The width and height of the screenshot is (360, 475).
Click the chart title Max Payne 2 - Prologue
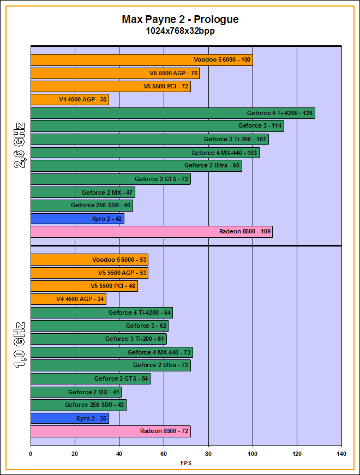[180, 20]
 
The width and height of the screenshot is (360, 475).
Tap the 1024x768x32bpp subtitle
[180, 32]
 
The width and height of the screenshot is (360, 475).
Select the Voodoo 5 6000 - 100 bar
[141, 60]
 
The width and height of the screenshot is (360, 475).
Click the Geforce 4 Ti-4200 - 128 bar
[173, 113]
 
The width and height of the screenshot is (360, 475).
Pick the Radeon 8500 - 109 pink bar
[152, 232]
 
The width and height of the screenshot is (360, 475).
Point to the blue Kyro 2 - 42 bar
[77, 219]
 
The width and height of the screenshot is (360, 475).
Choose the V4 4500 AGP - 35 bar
[70, 100]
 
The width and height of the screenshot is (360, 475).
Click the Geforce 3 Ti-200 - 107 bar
[149, 140]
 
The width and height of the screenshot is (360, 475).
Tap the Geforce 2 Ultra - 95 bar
[136, 166]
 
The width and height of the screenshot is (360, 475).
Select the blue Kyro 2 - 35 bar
[70, 418]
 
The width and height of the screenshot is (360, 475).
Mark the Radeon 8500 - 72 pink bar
[111, 431]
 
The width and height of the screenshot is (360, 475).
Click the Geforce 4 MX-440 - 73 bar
[112, 352]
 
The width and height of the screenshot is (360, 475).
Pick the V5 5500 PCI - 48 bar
[84, 286]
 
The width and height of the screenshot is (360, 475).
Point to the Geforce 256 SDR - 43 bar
[79, 405]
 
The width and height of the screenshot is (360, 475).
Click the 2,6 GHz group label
[20, 146]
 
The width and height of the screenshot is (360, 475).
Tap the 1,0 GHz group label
[20, 346]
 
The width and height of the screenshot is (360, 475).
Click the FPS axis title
[186, 463]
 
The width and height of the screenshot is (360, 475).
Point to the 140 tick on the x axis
[341, 453]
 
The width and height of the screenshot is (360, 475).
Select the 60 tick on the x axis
[164, 453]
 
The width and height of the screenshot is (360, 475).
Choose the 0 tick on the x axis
[31, 453]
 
